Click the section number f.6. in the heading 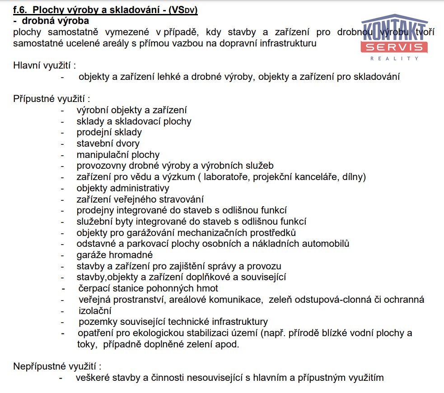tap(21, 9)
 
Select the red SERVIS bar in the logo tap(394, 47)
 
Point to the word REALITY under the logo tap(394, 58)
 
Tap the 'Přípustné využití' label tap(52, 99)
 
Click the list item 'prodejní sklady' tap(109, 132)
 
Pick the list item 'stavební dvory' tap(108, 143)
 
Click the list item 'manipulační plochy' tap(118, 155)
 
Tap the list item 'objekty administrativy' tap(123, 188)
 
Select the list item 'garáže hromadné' tap(114, 255)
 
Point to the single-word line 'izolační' tap(95, 311)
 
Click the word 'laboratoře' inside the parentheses tap(224, 177)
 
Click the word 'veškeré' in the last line tap(92, 378)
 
